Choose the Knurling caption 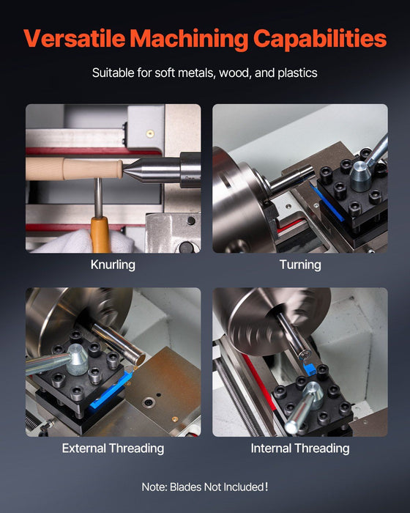[113, 265]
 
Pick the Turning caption [300, 265]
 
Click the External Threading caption [113, 448]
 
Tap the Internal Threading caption [300, 448]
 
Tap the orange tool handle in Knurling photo [99, 235]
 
